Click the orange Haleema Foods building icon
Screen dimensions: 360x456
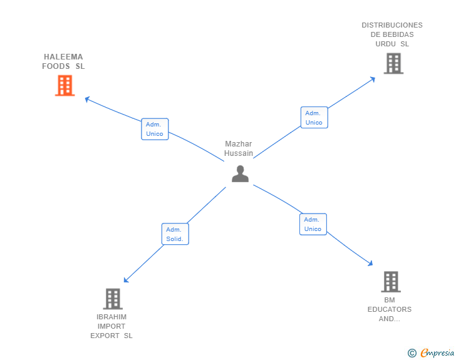click(65, 86)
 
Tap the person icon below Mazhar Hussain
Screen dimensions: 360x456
click(240, 174)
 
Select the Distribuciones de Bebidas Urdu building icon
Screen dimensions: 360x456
click(393, 63)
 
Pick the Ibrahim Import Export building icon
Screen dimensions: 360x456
click(112, 299)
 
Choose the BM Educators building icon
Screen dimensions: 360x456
click(390, 282)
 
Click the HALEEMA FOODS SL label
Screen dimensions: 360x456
click(63, 61)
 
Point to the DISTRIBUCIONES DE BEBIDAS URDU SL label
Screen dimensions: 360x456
click(392, 34)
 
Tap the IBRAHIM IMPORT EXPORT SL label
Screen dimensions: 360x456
click(111, 326)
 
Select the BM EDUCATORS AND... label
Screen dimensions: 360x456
click(390, 309)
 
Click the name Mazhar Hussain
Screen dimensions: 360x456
click(239, 148)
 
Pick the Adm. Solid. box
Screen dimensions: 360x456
click(174, 234)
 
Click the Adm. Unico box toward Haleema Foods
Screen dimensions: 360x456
click(155, 129)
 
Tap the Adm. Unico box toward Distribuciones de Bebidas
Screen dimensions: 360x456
click(314, 118)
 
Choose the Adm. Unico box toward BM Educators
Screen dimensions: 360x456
click(313, 224)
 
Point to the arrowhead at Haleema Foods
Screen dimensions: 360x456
click(88, 99)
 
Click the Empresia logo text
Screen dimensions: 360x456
click(437, 353)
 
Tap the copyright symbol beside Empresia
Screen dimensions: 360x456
click(412, 354)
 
